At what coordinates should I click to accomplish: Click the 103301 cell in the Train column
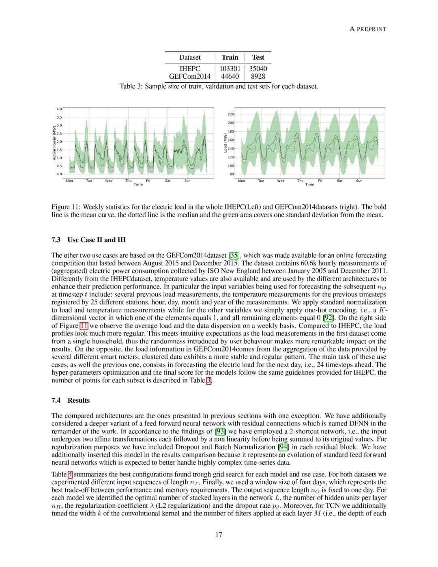[230, 69]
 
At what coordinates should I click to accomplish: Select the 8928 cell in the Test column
[258, 76]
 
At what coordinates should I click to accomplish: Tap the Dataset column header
[190, 58]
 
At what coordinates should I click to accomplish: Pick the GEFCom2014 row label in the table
[190, 76]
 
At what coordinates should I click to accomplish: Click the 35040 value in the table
[258, 69]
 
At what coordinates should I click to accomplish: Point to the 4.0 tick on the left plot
[59, 109]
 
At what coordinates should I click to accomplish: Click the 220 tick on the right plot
[231, 114]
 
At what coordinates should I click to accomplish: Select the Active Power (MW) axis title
[54, 142]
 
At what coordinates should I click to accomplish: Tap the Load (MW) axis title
[225, 143]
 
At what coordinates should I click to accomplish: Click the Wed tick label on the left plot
[109, 181]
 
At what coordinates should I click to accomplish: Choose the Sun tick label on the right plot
[359, 181]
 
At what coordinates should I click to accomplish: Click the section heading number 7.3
[56, 240]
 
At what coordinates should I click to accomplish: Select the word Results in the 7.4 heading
[79, 400]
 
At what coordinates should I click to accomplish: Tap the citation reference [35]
[234, 255]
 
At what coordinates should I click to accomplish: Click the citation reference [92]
[328, 318]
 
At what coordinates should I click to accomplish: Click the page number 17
[219, 535]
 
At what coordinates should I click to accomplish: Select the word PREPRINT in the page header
[371, 29]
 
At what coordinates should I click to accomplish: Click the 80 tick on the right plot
[232, 174]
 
